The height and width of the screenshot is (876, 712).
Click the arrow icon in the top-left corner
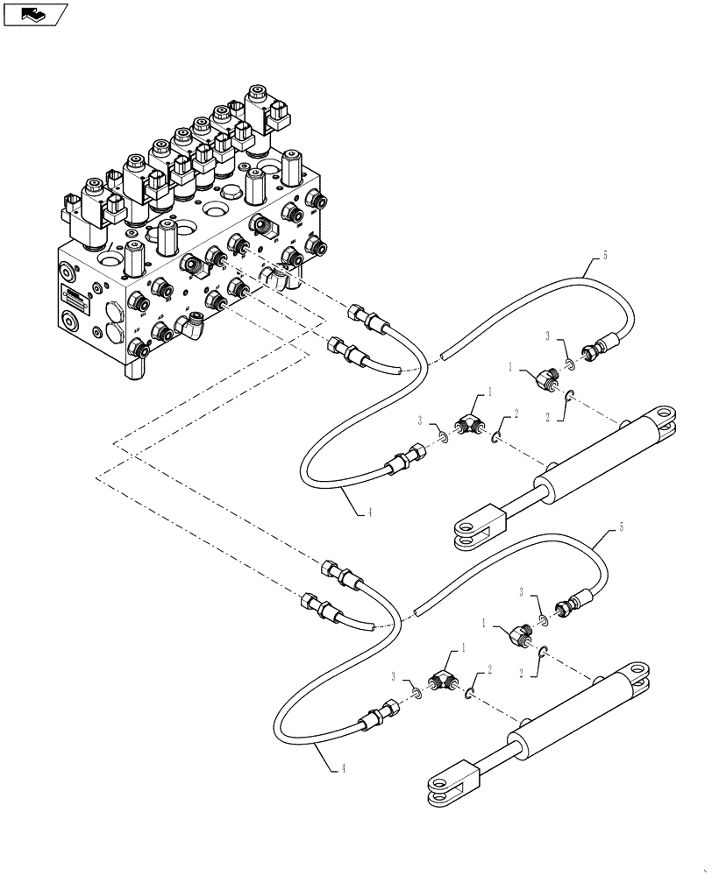(x=35, y=14)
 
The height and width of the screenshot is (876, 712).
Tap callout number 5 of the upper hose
(x=604, y=258)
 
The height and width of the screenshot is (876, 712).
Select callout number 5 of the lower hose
(x=621, y=527)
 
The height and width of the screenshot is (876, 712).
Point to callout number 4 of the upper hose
(x=369, y=512)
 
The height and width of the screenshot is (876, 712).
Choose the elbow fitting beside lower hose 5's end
(x=516, y=634)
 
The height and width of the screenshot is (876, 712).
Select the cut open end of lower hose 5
(x=417, y=604)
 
